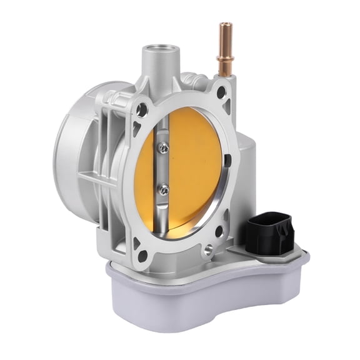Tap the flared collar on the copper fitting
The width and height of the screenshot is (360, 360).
click(x=223, y=57)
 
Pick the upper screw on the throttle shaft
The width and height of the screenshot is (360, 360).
click(x=163, y=148)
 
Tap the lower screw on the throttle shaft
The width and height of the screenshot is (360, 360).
click(x=164, y=189)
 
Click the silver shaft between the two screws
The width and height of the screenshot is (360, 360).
click(x=164, y=169)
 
